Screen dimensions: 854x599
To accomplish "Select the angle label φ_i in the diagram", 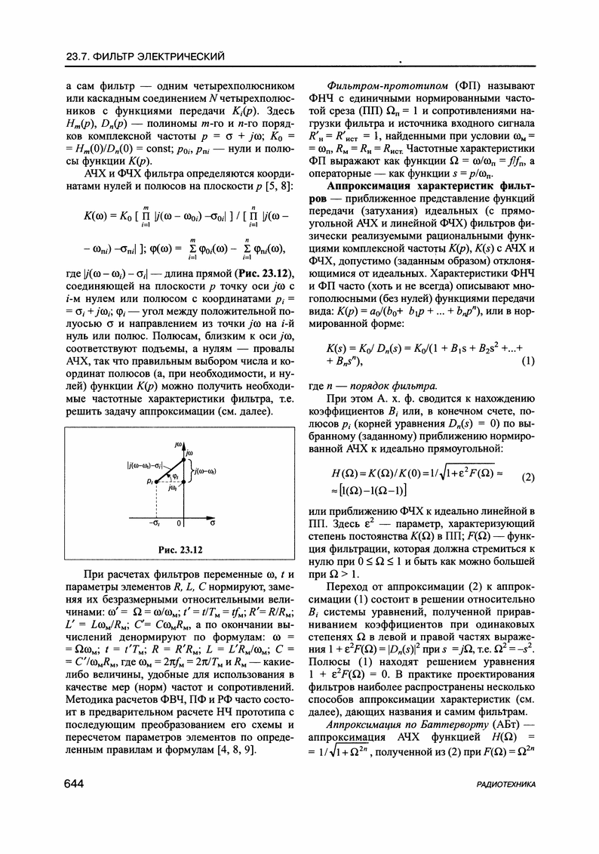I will click(x=174, y=476).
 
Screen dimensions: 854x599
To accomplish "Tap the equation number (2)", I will click(x=529, y=476).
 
